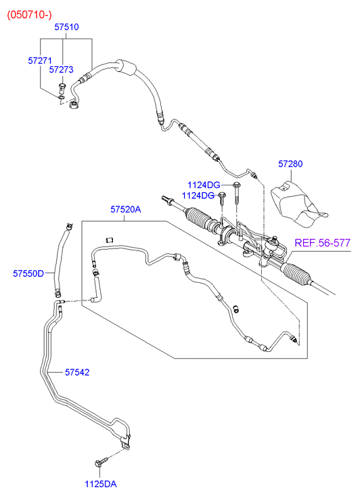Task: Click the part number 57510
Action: coord(66,27)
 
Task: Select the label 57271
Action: coord(40,60)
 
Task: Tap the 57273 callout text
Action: coord(61,70)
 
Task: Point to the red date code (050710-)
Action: coord(30,15)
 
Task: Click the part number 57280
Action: coord(290,164)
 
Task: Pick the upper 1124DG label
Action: coord(204,185)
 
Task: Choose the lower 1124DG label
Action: coord(198,196)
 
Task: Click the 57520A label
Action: coord(126,209)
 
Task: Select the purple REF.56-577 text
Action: coord(322,243)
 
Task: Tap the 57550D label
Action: coord(28,273)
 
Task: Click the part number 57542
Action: coord(77,372)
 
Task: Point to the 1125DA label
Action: coord(100,484)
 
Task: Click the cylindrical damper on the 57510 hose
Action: coord(127,67)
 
